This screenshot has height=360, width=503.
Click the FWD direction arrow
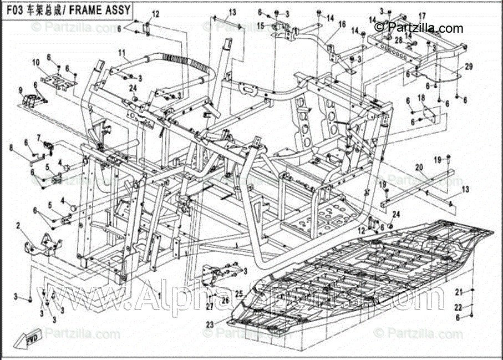[32, 337]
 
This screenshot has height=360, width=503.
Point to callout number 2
[18, 226]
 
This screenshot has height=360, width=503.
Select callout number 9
[21, 90]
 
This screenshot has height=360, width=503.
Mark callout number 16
[342, 24]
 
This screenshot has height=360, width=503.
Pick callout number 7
[39, 137]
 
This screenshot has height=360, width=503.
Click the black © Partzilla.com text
[419, 27]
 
